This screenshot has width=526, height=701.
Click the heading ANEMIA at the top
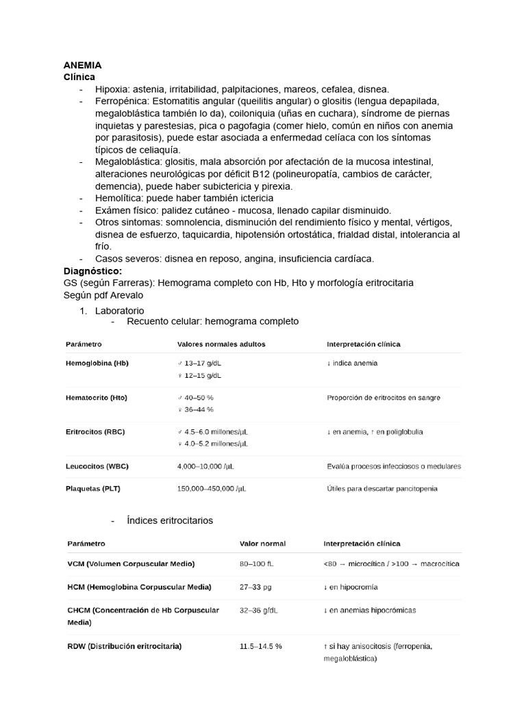point(82,65)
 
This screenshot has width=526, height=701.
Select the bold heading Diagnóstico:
point(92,270)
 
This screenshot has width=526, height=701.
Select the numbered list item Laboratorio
point(120,310)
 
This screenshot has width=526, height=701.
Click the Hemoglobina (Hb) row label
point(97,363)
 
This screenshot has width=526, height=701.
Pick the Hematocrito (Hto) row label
point(96,397)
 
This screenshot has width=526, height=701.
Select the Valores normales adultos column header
point(221,344)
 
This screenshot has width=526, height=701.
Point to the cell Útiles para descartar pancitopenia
point(382,488)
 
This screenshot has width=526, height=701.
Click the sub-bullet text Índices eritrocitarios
point(170,520)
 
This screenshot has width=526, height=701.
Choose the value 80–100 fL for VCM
point(256,563)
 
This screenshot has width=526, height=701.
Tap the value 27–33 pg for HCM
point(255,587)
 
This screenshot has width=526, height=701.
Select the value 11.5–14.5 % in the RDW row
point(261,646)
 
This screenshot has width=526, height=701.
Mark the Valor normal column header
point(262,544)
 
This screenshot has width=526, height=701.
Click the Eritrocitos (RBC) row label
point(96,432)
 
